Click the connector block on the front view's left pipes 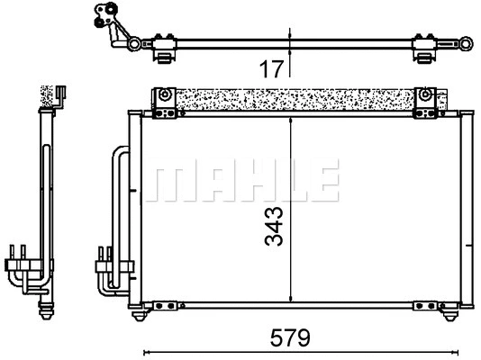click(104, 265)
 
